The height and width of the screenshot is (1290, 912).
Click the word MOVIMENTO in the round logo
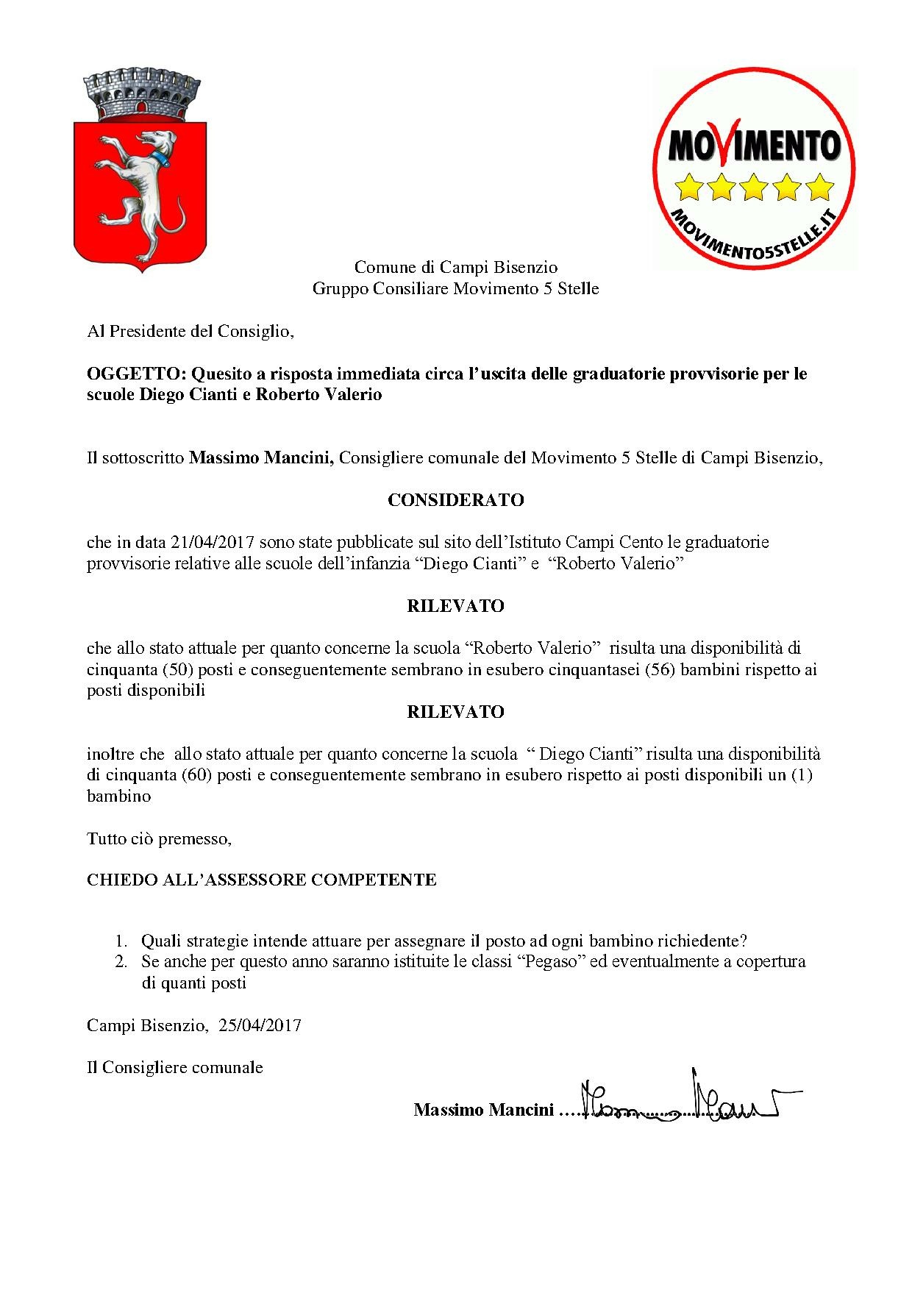click(755, 146)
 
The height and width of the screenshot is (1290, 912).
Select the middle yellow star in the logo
click(755, 187)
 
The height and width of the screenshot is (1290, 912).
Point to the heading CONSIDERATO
click(455, 500)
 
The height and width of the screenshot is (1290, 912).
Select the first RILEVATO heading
click(455, 606)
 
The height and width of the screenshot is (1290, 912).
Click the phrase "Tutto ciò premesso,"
click(159, 838)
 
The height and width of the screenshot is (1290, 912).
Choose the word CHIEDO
click(117, 880)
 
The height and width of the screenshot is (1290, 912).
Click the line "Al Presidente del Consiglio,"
click(190, 332)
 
